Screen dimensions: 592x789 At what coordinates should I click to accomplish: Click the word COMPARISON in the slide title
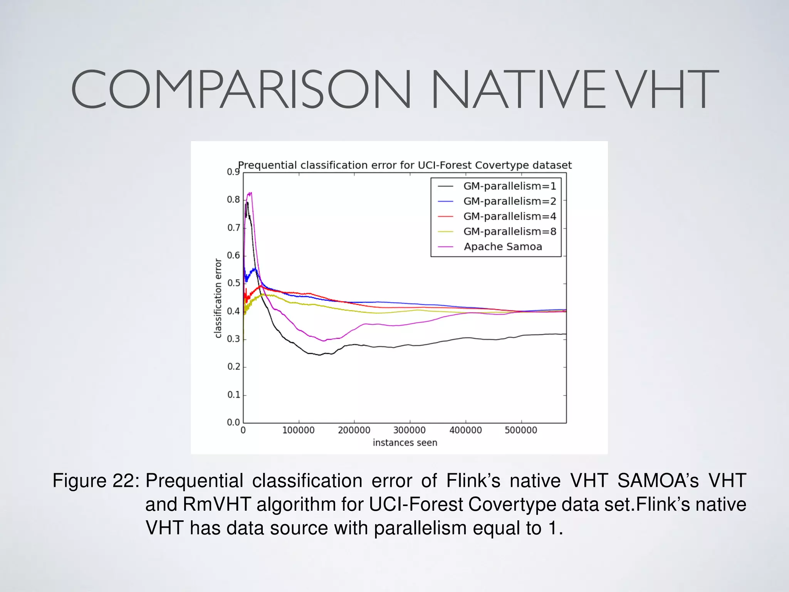point(241,89)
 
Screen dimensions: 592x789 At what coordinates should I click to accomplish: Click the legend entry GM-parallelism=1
point(509,186)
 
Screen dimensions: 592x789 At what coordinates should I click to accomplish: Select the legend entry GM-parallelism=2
point(509,201)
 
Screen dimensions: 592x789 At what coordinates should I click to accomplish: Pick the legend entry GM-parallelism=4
point(509,216)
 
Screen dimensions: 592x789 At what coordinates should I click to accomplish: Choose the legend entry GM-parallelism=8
point(509,231)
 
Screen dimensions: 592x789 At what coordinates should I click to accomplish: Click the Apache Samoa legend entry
point(502,247)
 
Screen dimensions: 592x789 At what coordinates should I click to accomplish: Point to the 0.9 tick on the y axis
point(233,172)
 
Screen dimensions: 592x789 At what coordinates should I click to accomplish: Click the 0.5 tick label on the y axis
point(233,283)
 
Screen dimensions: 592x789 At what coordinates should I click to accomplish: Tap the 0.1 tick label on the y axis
point(233,395)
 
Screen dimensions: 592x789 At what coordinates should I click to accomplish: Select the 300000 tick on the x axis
point(409,430)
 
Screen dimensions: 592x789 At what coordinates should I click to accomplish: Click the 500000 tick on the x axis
point(521,430)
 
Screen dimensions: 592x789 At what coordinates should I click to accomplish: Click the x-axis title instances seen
point(405,443)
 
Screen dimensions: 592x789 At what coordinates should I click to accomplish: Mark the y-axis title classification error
point(218,298)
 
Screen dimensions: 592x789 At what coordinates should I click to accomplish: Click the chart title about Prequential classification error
point(405,165)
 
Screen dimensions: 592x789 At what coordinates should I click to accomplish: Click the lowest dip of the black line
point(319,355)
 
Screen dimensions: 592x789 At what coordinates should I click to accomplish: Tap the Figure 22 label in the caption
point(96,481)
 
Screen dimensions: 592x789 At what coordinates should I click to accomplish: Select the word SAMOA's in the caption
point(658,481)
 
